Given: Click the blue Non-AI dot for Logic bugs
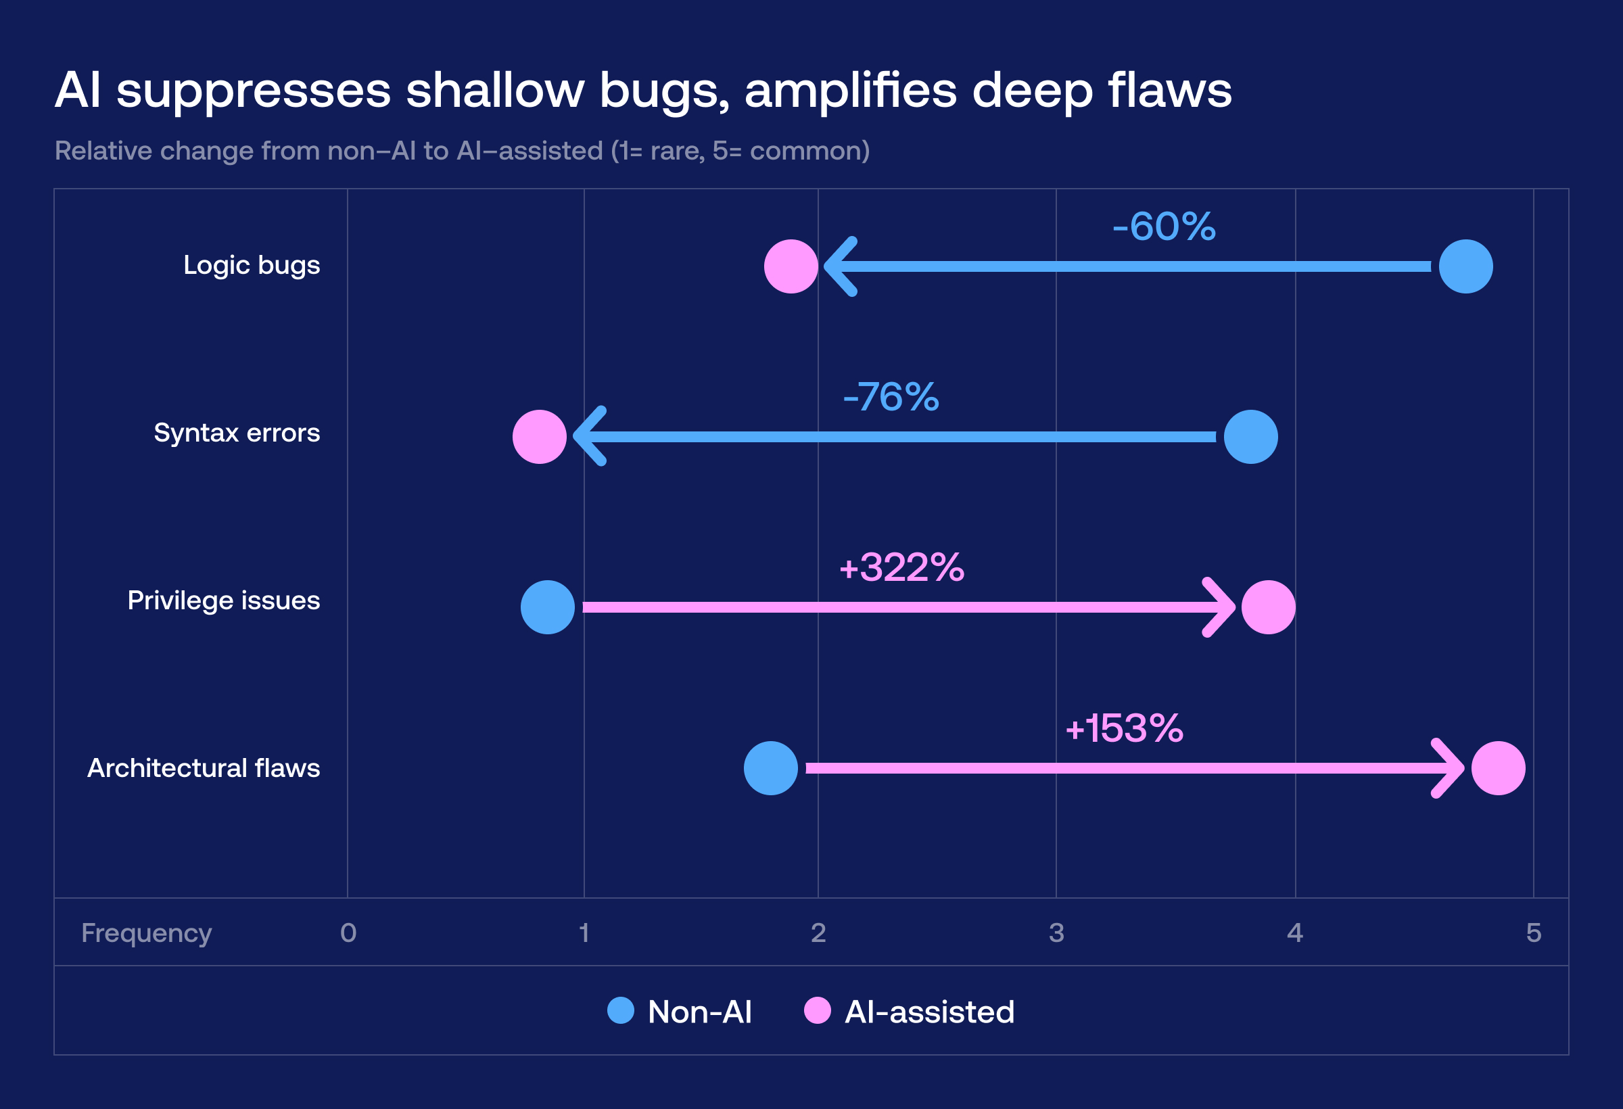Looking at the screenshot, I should point(1465,266).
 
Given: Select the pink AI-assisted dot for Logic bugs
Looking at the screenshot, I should point(791,266).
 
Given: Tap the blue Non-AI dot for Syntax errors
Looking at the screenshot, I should point(1250,436).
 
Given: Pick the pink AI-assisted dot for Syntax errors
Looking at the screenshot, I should point(539,436).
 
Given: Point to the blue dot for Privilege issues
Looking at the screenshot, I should point(548,607).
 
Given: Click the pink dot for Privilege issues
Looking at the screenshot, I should point(1268,607).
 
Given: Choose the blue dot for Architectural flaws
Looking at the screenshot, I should point(770,768).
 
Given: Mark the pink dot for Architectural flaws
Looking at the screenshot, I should point(1498,768).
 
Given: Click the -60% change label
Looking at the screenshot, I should point(1163,227).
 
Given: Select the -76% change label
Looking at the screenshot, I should point(891,397).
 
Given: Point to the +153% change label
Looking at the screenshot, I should point(1124,728).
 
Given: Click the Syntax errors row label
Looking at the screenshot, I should point(237,433).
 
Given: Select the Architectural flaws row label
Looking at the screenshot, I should point(204,768).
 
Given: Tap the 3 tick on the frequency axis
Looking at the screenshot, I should point(1056,933).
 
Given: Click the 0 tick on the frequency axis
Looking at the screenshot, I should point(348,933).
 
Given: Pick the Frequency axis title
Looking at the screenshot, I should point(146,933).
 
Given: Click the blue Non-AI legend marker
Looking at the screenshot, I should point(620,1010).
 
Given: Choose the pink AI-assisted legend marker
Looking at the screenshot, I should point(817,1010).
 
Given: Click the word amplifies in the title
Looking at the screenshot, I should point(850,91).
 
